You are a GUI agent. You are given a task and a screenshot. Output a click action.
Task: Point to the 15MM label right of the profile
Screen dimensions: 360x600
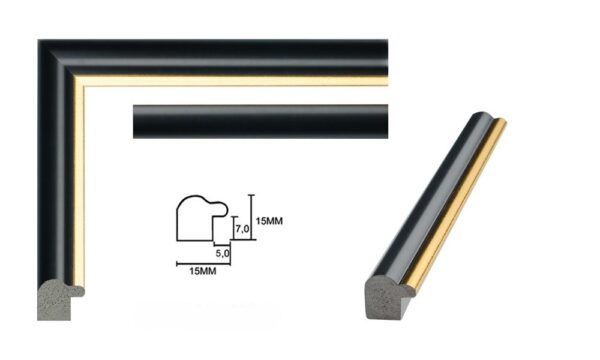[272, 220]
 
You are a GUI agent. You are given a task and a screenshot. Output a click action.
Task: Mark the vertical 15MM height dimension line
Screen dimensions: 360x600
[252, 218]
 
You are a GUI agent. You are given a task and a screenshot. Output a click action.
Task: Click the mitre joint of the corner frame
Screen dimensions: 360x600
[60, 62]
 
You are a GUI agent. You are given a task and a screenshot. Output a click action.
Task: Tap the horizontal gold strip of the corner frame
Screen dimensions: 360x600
[230, 81]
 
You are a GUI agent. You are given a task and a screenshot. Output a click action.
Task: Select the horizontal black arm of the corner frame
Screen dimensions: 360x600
[230, 56]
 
